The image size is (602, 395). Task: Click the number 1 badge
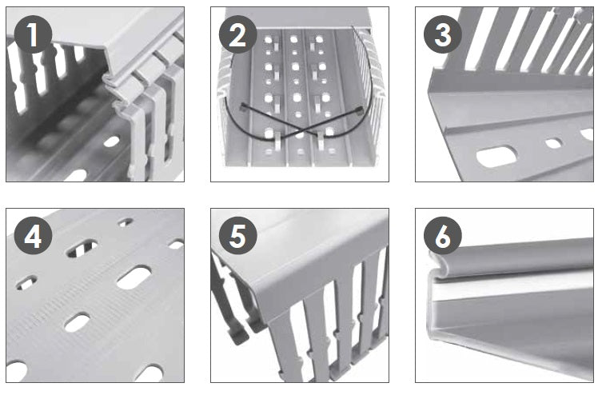pos(33,34)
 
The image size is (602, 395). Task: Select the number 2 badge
pos(238,34)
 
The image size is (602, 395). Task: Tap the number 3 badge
pos(443,34)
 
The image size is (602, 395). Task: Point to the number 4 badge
pos(33,236)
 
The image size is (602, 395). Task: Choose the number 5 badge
pos(238,236)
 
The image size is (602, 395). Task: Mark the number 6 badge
pos(443,236)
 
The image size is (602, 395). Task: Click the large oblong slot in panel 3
pos(496,157)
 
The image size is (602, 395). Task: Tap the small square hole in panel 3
pos(553,144)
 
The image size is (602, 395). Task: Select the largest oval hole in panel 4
pos(134,278)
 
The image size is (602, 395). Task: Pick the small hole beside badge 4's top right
pos(126,221)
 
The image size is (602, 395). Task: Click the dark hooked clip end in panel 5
pos(238,335)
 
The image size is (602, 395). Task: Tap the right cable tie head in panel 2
pos(359,111)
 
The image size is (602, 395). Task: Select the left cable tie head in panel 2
pos(243,107)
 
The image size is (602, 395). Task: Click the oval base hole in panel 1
pos(112,142)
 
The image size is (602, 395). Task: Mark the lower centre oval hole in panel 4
pos(77,322)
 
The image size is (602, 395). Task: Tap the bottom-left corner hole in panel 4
pos(16,372)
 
